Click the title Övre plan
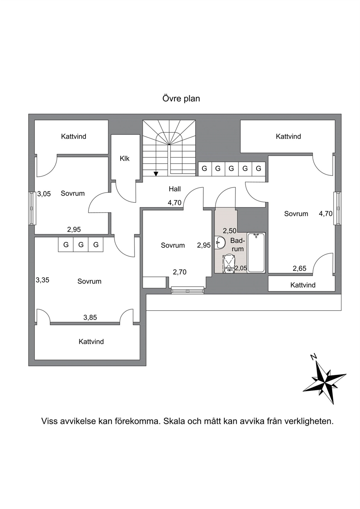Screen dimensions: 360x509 (181, 99)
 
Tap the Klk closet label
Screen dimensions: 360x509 (124, 159)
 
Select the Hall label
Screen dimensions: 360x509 (175, 189)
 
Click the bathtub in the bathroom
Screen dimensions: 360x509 (256, 253)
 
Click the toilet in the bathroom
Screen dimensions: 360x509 (229, 264)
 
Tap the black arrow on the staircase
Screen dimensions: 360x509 (156, 174)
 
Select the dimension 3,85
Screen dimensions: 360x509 (90, 317)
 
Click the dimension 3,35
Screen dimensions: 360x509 (42, 280)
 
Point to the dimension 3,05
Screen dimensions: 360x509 (44, 194)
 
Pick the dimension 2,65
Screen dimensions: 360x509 (299, 268)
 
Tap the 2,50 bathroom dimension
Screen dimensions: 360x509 (230, 231)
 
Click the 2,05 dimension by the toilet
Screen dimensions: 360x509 (241, 268)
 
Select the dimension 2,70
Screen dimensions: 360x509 (180, 272)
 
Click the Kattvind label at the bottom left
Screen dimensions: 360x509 (91, 341)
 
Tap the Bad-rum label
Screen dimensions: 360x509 (237, 245)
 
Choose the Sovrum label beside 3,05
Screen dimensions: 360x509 (73, 193)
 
